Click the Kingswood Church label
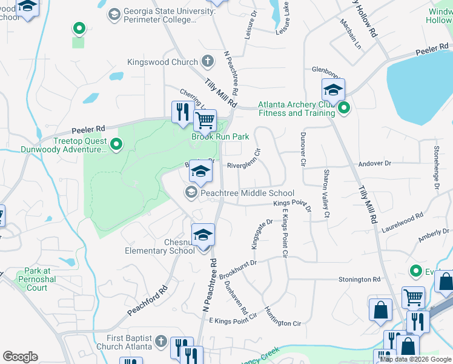(x=162, y=62)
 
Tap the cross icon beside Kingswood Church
(x=208, y=61)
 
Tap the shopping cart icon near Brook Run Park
(x=205, y=121)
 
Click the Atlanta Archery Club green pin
(x=344, y=109)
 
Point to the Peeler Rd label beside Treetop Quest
(x=88, y=129)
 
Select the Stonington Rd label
(x=359, y=280)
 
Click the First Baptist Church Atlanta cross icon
(x=161, y=341)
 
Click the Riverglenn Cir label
(x=243, y=161)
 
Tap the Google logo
(x=20, y=357)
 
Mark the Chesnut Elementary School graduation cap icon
(x=203, y=234)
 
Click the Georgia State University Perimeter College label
(x=169, y=16)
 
